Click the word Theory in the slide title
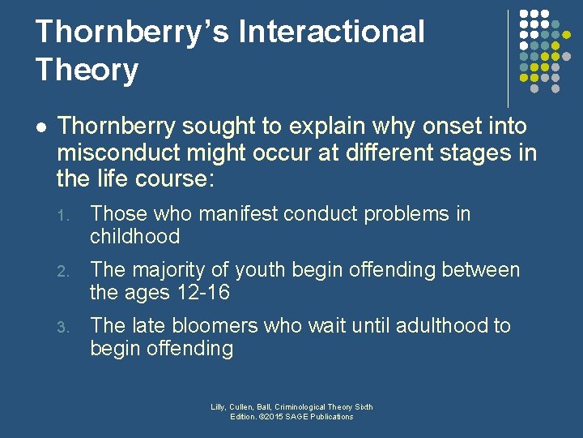tap(87, 71)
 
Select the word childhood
tap(135, 238)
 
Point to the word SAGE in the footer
tap(300, 417)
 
